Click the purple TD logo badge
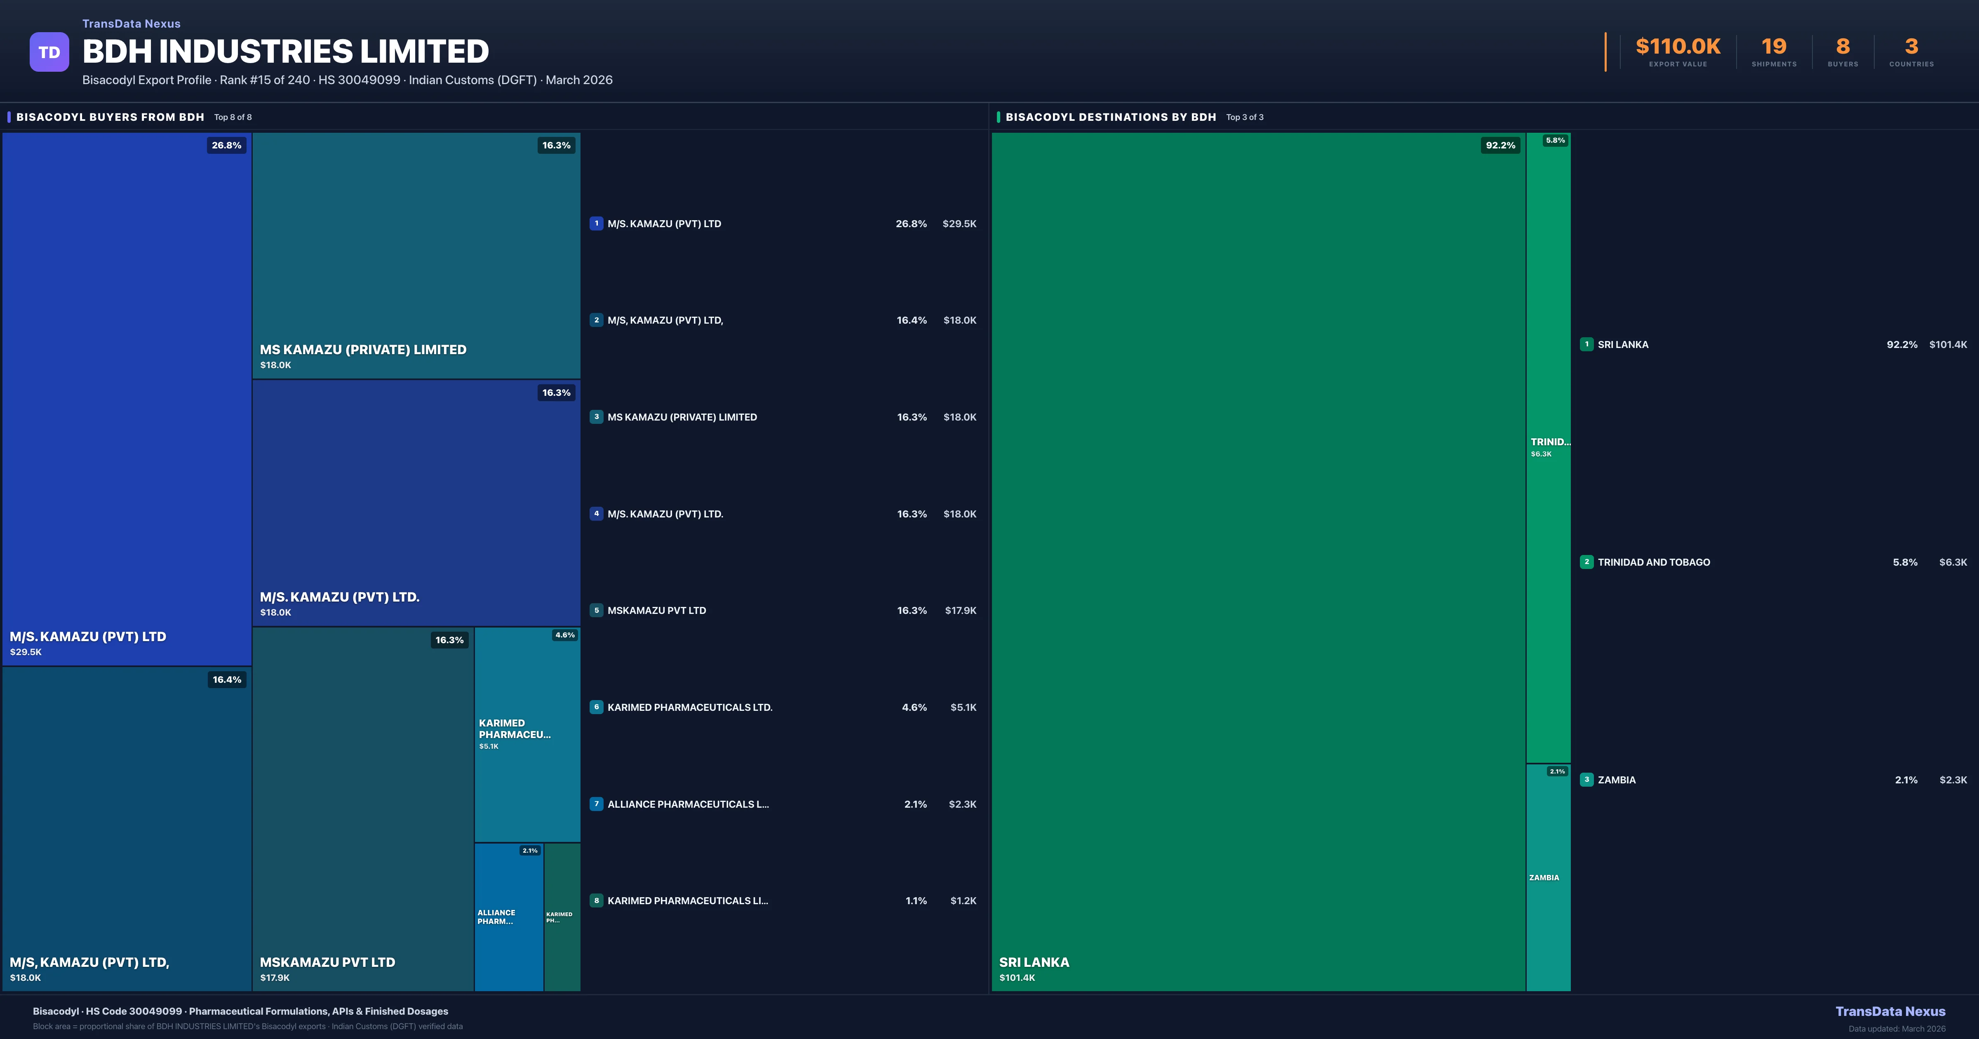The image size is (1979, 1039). click(x=49, y=52)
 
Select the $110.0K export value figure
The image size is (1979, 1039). click(x=1678, y=47)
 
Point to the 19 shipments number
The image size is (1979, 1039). click(x=1774, y=47)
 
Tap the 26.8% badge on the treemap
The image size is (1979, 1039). click(x=227, y=145)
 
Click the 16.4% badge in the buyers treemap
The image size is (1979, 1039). click(x=227, y=679)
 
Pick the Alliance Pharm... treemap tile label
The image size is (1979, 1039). click(x=496, y=917)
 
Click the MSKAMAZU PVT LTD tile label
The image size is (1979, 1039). click(x=327, y=962)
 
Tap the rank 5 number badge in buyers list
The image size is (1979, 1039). click(x=596, y=610)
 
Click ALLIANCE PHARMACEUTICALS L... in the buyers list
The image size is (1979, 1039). click(x=688, y=804)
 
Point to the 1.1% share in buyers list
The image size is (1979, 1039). click(x=916, y=900)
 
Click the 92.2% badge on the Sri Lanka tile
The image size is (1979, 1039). click(x=1500, y=145)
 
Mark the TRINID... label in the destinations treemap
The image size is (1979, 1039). click(x=1549, y=442)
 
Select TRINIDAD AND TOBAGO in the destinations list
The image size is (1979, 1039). click(x=1653, y=562)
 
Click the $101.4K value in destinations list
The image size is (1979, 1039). click(x=1948, y=344)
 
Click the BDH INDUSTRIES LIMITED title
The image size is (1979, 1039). click(x=285, y=52)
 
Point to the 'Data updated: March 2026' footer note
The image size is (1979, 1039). click(x=1896, y=1028)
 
